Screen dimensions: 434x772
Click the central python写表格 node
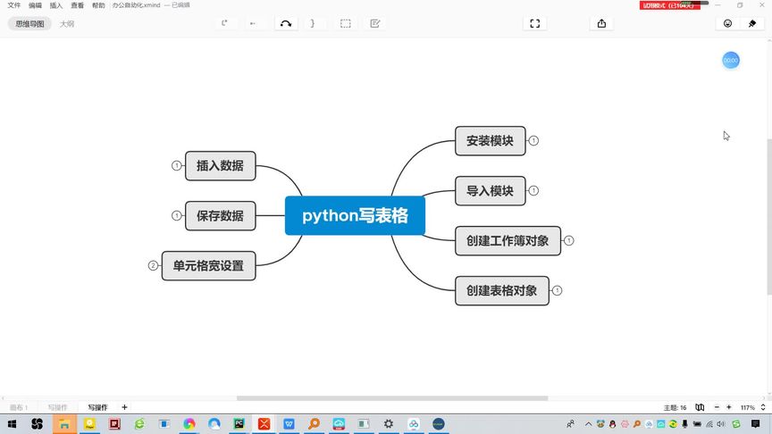[355, 215]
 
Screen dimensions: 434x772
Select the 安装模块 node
[490, 140]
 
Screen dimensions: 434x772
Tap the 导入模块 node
[490, 190]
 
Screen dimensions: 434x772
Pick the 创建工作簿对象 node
[508, 240]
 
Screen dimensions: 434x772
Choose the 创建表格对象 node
[501, 290]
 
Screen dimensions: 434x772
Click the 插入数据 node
[220, 165]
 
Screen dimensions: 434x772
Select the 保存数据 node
[220, 215]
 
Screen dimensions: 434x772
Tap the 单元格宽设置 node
[208, 265]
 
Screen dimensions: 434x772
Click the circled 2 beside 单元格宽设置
[153, 265]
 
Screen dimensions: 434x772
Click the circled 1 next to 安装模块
[533, 140]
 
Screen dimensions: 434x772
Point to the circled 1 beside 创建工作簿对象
[569, 240]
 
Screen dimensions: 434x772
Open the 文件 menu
[13, 5]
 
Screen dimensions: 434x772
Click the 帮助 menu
[98, 5]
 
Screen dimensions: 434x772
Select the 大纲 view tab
[67, 24]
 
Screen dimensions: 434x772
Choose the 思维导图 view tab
[29, 24]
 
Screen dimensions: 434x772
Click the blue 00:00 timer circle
[731, 60]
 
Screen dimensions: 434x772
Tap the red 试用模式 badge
[667, 5]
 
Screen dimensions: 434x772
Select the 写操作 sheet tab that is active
[97, 407]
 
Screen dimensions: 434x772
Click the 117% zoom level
[748, 407]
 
